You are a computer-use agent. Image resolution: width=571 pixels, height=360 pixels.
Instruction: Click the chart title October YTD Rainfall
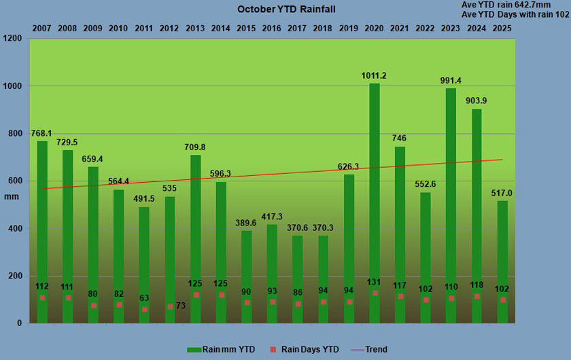286,10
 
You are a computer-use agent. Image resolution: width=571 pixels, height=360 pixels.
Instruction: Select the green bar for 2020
375,204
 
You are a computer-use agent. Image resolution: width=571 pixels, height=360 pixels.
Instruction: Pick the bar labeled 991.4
451,204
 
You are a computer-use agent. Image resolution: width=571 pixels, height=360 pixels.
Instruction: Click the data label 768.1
42,133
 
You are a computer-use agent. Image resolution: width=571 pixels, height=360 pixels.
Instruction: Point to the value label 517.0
502,193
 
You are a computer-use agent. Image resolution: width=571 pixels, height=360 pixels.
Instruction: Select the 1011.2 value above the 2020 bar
375,75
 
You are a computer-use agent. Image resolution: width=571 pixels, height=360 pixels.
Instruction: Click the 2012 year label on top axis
170,29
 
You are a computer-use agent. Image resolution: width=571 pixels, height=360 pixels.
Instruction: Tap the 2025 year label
502,29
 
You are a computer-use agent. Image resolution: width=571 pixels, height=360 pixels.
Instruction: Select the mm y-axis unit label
12,197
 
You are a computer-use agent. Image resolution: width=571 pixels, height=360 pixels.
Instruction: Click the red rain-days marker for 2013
196,295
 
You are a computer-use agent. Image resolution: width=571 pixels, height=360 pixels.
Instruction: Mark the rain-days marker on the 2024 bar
477,296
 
